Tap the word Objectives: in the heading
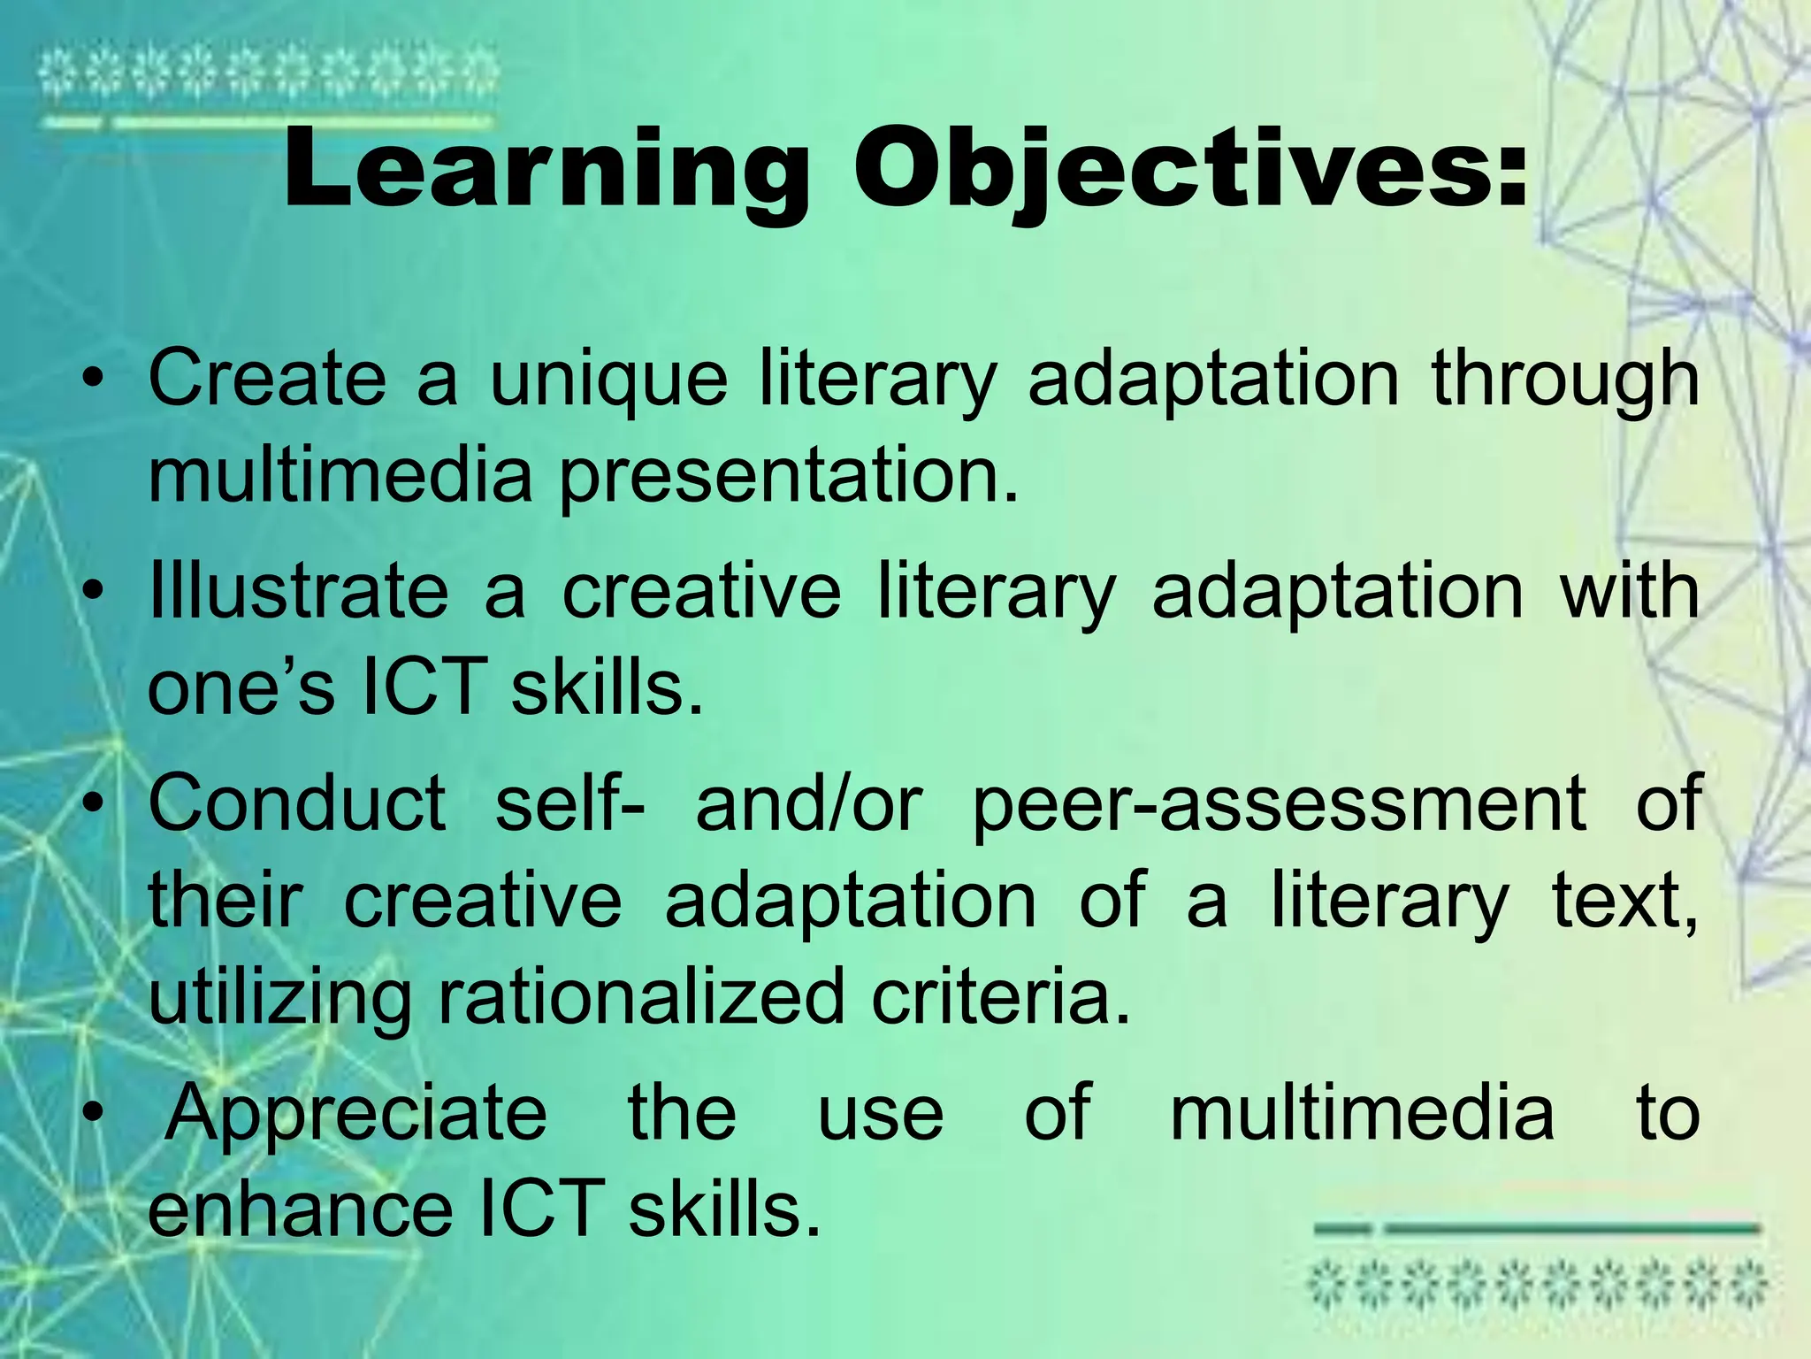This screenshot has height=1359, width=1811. [x=1190, y=171]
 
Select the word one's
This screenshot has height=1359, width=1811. [x=241, y=688]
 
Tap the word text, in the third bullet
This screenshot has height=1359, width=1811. [x=1625, y=902]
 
